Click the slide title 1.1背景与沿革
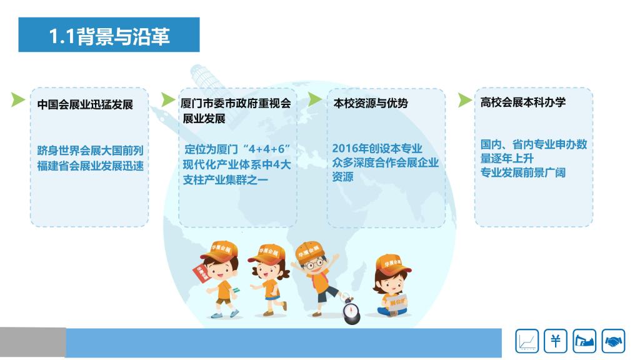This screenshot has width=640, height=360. point(109,36)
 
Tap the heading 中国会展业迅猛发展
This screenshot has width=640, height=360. point(85,104)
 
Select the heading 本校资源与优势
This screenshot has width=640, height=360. point(371,103)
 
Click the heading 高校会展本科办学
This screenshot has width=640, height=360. point(523,102)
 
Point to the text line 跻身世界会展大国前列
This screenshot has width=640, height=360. point(90,151)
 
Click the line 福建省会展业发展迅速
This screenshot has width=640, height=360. point(90,166)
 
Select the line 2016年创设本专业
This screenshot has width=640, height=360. point(377,148)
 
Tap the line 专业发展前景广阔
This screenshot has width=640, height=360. point(523,172)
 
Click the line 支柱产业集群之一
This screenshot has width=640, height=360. point(225,179)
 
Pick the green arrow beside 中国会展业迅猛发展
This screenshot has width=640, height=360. point(17,99)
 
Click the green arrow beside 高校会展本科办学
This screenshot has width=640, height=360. point(464,99)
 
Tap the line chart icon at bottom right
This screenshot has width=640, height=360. point(527,341)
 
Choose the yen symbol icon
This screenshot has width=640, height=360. point(556,341)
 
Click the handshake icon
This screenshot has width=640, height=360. point(613,341)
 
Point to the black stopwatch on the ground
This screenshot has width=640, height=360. point(351,311)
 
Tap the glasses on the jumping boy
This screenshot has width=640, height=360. point(313,264)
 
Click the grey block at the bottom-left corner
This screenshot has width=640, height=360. point(32,342)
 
